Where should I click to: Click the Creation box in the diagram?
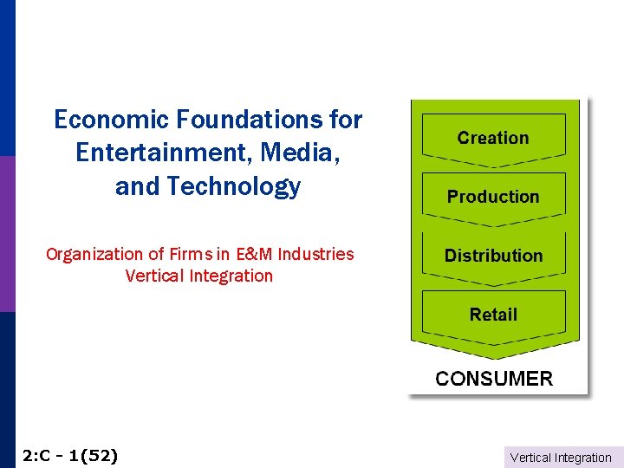point(493,138)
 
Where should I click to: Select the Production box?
point(493,197)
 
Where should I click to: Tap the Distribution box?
point(493,256)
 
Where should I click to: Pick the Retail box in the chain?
point(493,315)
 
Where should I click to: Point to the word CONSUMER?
point(494,379)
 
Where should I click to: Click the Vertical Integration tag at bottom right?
point(561,458)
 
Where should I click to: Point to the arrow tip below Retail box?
point(493,355)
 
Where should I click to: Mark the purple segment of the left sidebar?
point(7,234)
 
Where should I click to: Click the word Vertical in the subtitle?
point(153,276)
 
